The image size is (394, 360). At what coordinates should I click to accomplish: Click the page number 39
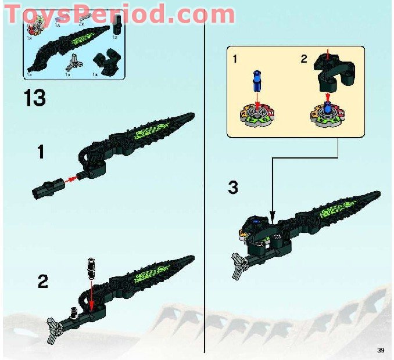coord(381,350)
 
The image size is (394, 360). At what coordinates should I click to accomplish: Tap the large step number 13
coord(35,98)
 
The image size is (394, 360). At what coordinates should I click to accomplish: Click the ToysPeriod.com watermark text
coord(119,13)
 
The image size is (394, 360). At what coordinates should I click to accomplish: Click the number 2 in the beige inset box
coord(303,59)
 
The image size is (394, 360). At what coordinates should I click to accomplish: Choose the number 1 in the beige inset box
coord(234,59)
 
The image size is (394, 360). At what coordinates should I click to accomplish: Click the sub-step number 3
coord(233,188)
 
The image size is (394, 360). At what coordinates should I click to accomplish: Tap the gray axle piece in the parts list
coord(73,62)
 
